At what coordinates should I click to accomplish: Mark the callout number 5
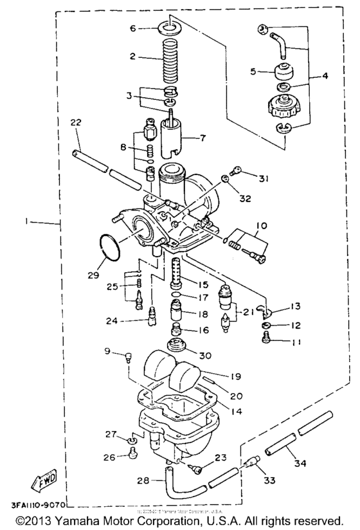(253, 71)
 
